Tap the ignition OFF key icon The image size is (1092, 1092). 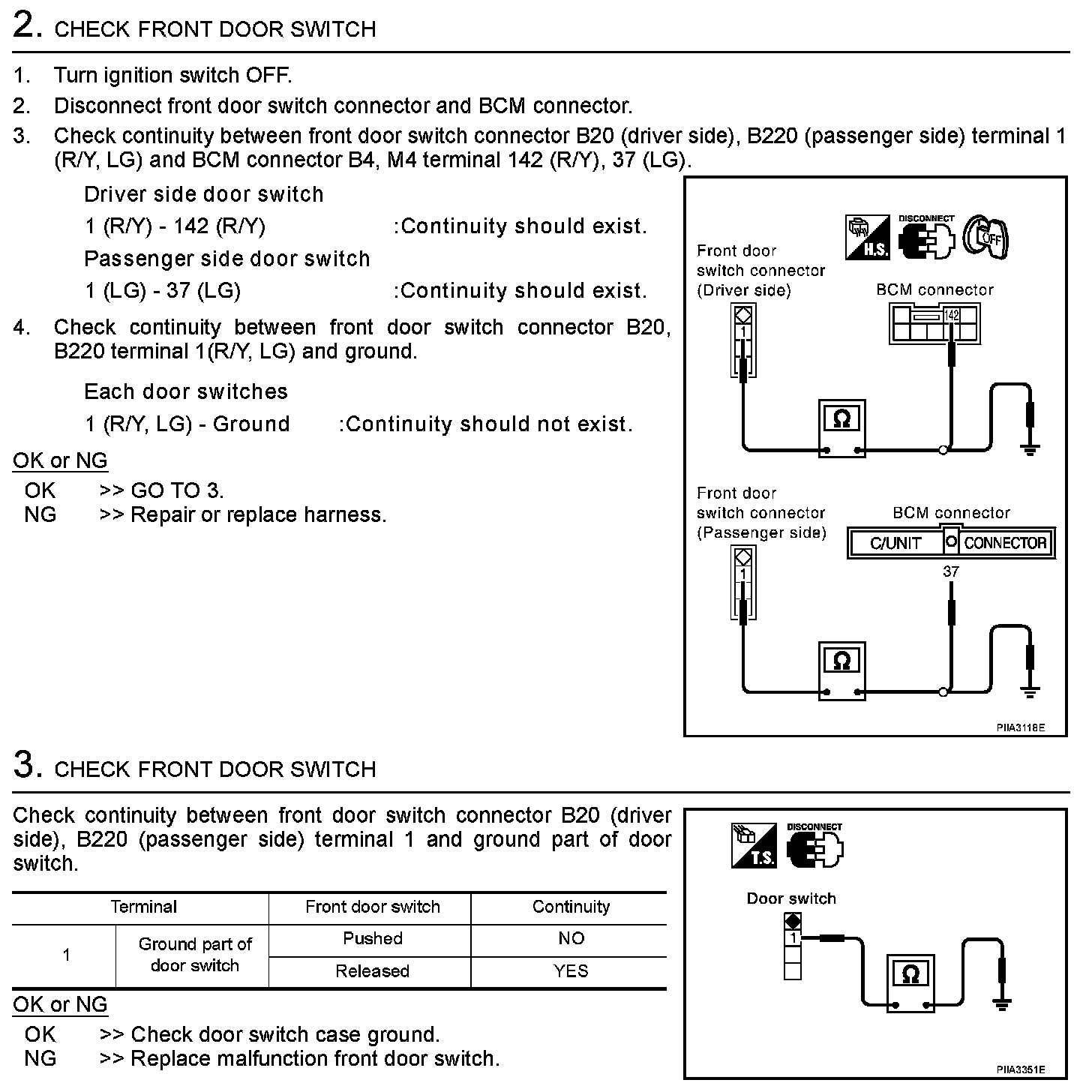point(985,237)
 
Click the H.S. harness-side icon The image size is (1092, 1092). point(867,238)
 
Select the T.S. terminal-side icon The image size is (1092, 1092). point(754,846)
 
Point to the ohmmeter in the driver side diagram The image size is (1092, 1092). point(841,426)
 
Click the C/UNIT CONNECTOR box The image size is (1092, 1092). point(951,542)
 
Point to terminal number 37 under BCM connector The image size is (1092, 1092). point(951,571)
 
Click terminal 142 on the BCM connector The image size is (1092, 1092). point(952,316)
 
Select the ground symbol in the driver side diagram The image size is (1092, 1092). point(1030,449)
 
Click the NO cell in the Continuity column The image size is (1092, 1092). point(571,938)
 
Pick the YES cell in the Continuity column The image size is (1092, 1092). point(571,971)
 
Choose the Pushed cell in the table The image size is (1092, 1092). point(372,938)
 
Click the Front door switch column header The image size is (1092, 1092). point(372,907)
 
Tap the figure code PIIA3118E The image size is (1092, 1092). point(1020,727)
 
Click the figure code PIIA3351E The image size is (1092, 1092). point(1020,1069)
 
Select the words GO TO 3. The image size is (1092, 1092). point(177,490)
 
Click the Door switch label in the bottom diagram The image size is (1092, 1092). point(790,898)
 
